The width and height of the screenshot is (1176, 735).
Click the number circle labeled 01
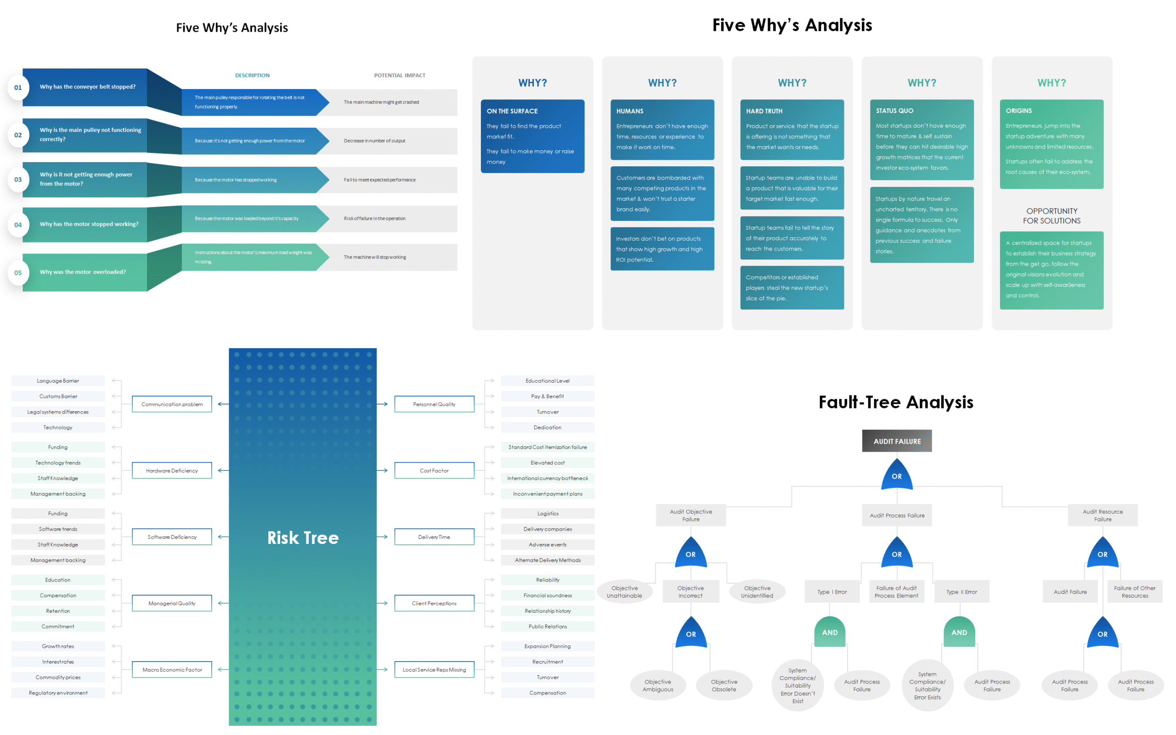(18, 87)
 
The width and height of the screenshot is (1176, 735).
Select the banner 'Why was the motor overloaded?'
(85, 272)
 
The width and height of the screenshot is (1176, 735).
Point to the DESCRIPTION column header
(252, 75)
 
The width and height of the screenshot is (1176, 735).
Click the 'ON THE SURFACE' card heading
(512, 111)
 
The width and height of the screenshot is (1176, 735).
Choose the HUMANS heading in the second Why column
(630, 111)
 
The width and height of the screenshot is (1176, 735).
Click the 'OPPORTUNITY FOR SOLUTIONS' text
(1052, 216)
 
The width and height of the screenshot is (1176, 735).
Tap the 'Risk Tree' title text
(303, 537)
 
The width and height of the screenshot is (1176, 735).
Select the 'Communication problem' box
(172, 404)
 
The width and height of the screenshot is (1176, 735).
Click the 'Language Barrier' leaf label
(58, 381)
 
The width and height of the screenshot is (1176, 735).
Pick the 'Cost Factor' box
(434, 470)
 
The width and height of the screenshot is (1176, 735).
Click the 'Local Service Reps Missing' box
(434, 669)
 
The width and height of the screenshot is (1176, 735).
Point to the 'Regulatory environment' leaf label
(58, 693)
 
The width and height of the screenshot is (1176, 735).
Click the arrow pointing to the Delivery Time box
(382, 537)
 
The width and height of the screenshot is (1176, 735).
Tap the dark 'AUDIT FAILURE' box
(897, 441)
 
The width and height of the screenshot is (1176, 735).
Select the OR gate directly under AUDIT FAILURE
(897, 475)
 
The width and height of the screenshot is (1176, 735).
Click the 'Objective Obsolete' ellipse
(724, 685)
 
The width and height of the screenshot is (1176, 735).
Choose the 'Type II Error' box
(961, 592)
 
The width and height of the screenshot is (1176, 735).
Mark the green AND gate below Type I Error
(830, 632)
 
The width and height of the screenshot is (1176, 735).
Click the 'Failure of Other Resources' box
(1135, 592)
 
